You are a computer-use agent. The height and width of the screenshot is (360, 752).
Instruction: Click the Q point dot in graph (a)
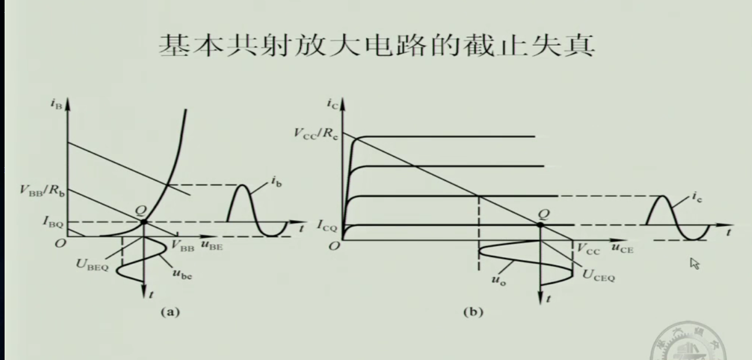point(143,222)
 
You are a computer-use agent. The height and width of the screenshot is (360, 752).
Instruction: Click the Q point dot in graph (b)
point(540,225)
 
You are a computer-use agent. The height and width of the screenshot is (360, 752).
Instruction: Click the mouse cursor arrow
point(694,264)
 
